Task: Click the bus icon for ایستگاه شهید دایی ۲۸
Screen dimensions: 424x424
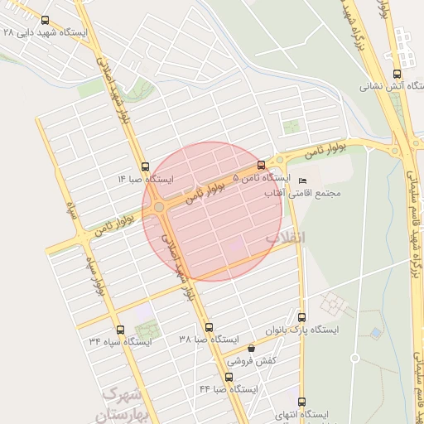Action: pyautogui.click(x=44, y=20)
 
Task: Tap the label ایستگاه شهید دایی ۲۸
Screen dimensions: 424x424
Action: pyautogui.click(x=44, y=32)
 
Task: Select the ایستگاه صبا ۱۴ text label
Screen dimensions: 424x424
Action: pyautogui.click(x=146, y=179)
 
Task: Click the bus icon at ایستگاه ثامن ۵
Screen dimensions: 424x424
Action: pyautogui.click(x=262, y=166)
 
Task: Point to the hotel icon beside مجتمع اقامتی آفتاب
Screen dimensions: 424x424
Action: pyautogui.click(x=301, y=181)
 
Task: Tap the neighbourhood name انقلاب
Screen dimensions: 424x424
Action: pyautogui.click(x=285, y=238)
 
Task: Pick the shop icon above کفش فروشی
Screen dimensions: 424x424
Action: pyautogui.click(x=251, y=349)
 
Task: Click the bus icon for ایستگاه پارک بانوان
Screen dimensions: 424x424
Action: pyautogui.click(x=301, y=317)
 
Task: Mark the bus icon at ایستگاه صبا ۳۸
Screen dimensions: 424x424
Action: pyautogui.click(x=209, y=327)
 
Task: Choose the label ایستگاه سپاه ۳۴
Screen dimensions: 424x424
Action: pyautogui.click(x=121, y=341)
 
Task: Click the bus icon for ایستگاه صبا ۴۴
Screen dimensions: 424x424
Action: pyautogui.click(x=229, y=377)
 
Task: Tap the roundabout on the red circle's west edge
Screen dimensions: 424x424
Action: pyautogui.click(x=158, y=206)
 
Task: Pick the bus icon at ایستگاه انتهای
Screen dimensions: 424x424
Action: pyautogui.click(x=301, y=402)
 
